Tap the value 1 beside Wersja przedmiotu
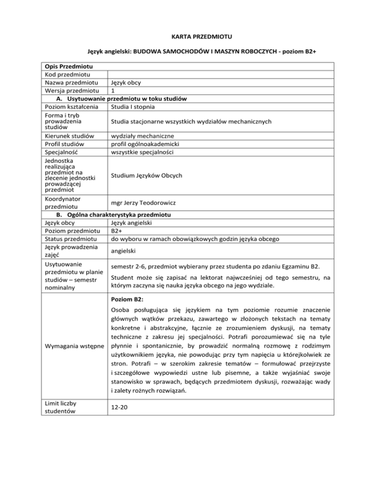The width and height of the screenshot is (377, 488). [113, 91]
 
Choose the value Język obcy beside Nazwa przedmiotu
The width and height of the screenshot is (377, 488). [126, 82]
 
